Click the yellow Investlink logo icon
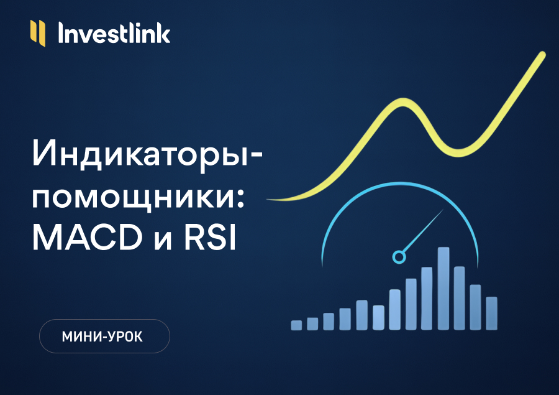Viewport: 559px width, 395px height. coord(38,33)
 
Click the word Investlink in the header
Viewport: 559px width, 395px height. coord(114,33)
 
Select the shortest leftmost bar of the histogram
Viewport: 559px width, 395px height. coord(296,325)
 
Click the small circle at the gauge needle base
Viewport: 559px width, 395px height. coord(399,256)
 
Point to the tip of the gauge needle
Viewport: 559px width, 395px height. coord(443,211)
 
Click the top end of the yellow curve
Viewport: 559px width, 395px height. coord(543,55)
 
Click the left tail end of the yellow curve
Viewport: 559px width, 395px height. coord(270,198)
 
